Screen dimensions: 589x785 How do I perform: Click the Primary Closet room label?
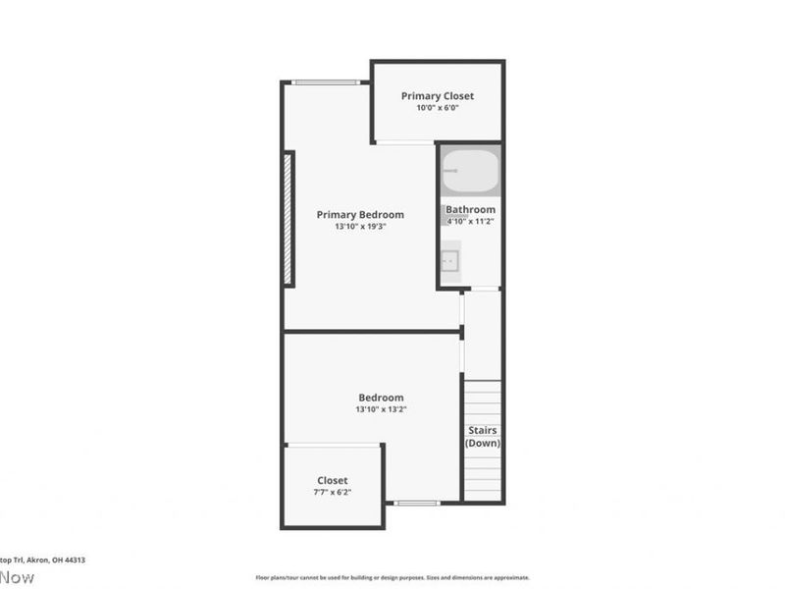click(437, 96)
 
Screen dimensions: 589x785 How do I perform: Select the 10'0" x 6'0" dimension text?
click(437, 108)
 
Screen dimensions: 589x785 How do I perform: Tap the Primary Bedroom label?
click(359, 215)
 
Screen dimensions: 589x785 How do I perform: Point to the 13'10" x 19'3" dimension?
click(359, 227)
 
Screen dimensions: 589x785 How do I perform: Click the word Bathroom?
click(470, 210)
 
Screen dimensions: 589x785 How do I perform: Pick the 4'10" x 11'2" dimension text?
click(470, 222)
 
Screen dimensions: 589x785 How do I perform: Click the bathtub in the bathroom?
click(470, 171)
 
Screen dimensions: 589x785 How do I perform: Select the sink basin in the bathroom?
click(449, 261)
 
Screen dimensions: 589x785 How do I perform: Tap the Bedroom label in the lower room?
click(380, 398)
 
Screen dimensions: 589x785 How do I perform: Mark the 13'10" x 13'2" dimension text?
click(380, 409)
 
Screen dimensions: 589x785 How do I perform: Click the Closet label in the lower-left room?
click(332, 481)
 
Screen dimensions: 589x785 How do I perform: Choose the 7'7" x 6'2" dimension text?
click(332, 492)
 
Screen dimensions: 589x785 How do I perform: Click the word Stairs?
click(482, 431)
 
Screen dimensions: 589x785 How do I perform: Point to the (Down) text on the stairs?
click(482, 443)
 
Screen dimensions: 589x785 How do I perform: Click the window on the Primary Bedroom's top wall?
click(325, 82)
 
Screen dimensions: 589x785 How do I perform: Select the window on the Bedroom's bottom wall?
click(417, 503)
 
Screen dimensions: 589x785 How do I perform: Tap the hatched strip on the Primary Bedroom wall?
click(288, 219)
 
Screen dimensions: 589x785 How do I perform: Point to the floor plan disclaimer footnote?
click(392, 578)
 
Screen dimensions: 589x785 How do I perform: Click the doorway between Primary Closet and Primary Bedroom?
click(404, 143)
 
